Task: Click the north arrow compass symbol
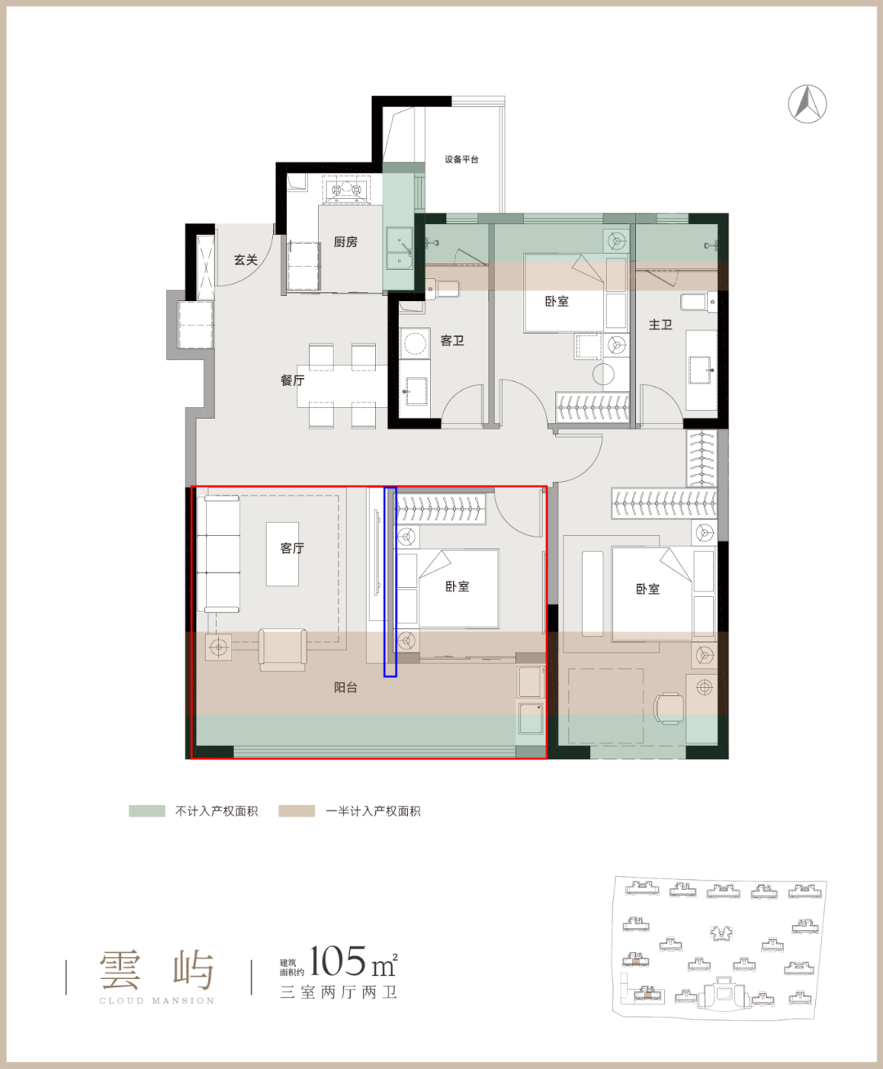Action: (x=807, y=104)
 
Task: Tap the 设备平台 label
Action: (x=461, y=159)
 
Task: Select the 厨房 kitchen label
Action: (x=346, y=241)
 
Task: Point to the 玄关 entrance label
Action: (x=246, y=260)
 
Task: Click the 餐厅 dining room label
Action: (x=292, y=380)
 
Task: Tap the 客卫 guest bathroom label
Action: (x=452, y=340)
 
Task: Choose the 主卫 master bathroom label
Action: (x=661, y=325)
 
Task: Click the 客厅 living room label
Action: (x=292, y=548)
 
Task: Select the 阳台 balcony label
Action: (x=346, y=688)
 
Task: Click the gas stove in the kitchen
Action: (x=347, y=190)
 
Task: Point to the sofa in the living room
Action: (x=218, y=554)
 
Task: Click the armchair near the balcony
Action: (x=283, y=649)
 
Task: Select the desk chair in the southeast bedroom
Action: (x=669, y=707)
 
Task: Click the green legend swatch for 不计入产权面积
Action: (x=147, y=811)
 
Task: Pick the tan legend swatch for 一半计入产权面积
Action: (x=297, y=811)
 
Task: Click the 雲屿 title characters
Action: (x=157, y=970)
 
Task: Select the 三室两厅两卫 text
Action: (x=338, y=993)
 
